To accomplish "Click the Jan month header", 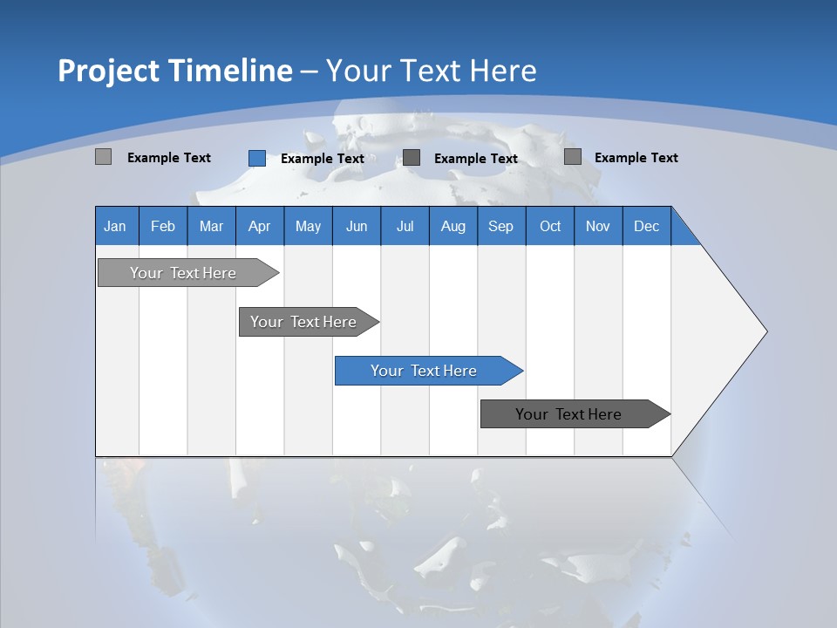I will point(115,226).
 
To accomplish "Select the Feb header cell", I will point(163,226).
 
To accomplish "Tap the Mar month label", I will point(211,226).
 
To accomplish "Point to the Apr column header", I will point(259,226).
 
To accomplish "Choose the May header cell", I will point(308,226).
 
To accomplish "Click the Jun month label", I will point(357,226).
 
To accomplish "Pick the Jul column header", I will point(405,226).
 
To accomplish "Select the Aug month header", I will point(453,226).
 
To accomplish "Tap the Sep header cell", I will point(500,226).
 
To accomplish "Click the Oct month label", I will point(550,226).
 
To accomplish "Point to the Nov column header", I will point(598,226).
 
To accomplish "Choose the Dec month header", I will point(646,226).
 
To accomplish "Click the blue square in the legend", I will point(257,158).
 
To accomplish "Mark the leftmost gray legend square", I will point(103,157).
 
